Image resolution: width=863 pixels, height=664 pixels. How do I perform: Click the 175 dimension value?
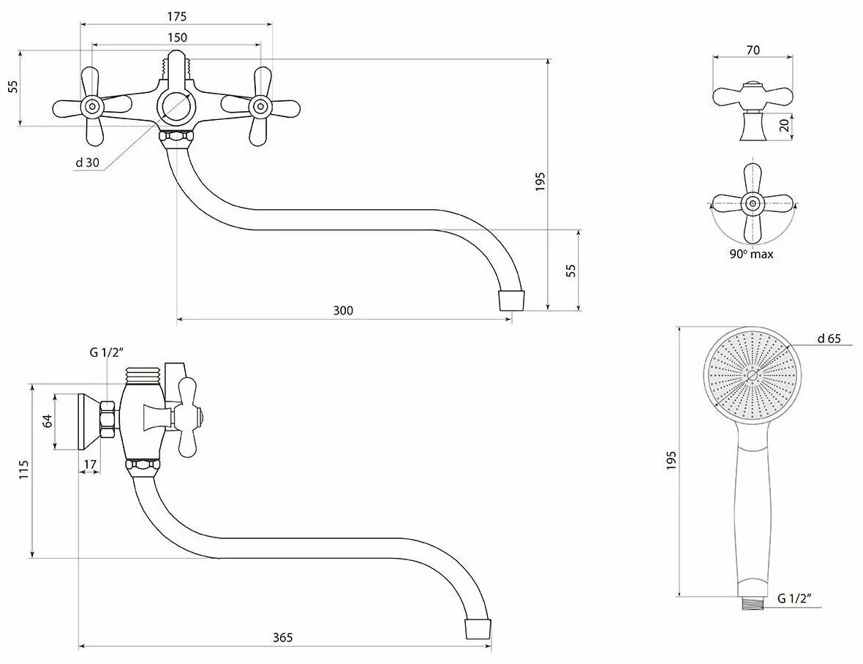click(176, 16)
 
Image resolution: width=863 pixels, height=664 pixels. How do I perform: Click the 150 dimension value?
click(176, 37)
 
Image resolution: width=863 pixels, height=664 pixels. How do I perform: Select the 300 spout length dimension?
click(343, 311)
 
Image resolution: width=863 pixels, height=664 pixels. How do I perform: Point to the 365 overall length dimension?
click(283, 638)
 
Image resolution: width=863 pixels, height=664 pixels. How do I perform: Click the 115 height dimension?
click(24, 469)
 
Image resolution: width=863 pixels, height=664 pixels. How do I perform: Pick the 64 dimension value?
click(48, 421)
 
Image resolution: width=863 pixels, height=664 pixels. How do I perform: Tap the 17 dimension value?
click(90, 464)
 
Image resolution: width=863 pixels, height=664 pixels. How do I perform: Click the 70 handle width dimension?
click(753, 50)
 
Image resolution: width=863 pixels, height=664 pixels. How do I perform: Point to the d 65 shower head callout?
click(829, 338)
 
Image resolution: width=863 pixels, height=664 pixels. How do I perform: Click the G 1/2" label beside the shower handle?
click(795, 598)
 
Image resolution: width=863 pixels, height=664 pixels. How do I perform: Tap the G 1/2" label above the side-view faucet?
click(108, 352)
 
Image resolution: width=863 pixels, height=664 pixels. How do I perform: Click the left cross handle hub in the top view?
click(92, 107)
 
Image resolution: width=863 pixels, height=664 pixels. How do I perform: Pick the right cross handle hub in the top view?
click(260, 107)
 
